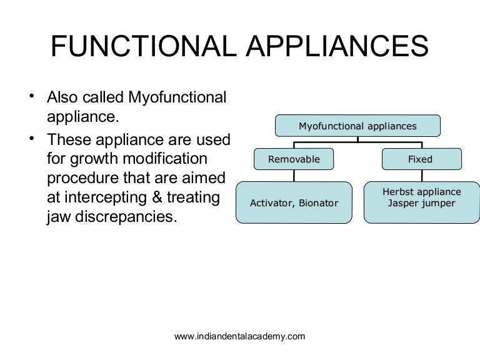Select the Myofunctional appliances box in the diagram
click(x=357, y=126)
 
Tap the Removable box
click(x=294, y=159)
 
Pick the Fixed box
click(x=420, y=159)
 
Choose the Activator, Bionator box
click(x=294, y=202)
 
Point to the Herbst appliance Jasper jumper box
click(x=421, y=202)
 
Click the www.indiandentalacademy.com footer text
click(x=239, y=336)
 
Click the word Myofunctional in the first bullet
click(x=177, y=97)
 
